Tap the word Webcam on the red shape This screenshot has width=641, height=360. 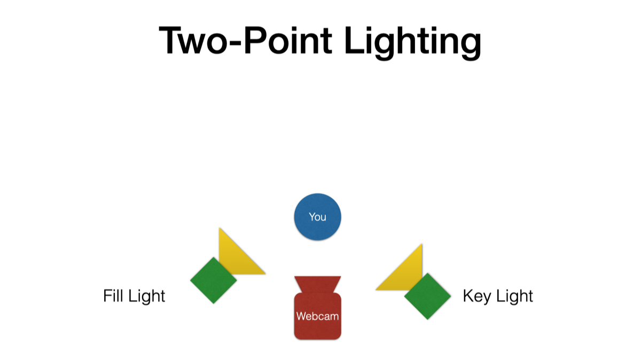(317, 316)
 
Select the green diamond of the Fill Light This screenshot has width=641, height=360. (213, 280)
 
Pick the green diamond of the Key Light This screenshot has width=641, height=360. (427, 296)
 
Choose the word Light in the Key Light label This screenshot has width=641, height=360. (514, 296)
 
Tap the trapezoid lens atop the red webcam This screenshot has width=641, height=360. (317, 284)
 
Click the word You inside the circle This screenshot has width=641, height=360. (317, 217)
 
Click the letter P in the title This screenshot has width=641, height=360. (255, 41)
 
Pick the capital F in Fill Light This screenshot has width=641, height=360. (107, 295)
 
